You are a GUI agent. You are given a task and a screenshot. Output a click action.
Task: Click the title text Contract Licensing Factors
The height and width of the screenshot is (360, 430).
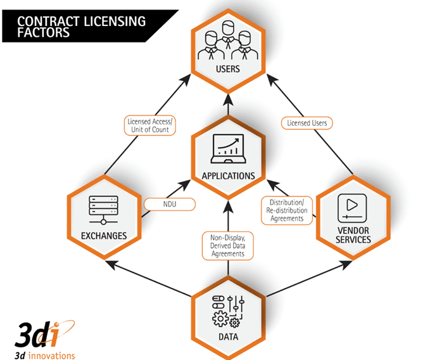pyautogui.click(x=81, y=26)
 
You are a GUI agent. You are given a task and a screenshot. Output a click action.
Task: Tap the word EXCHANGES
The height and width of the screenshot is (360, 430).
pyautogui.click(x=103, y=236)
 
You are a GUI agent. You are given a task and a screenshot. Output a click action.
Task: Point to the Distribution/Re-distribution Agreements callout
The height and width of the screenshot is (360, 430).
pyautogui.click(x=288, y=210)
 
